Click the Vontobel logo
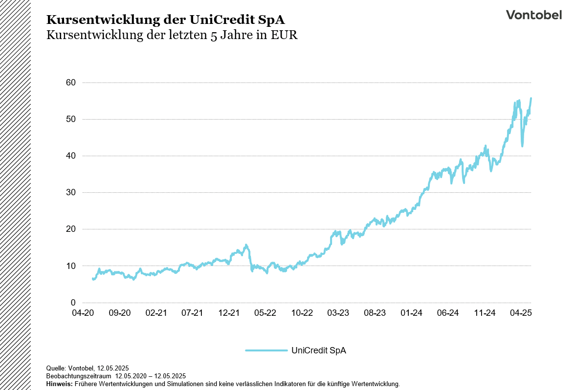(533, 15)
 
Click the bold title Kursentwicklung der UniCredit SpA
(165, 20)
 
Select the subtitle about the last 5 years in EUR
(172, 36)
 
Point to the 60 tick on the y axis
(70, 82)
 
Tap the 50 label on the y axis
(70, 119)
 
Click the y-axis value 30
(70, 192)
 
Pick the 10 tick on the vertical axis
(70, 266)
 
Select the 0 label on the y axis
(73, 303)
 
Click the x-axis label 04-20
(83, 313)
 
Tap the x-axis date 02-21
(156, 313)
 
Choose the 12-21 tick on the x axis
(229, 313)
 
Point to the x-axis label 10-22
(302, 313)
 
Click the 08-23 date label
(375, 313)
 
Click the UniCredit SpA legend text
(318, 350)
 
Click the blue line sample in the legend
(266, 350)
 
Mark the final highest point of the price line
(531, 98)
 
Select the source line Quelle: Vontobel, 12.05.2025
(87, 368)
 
